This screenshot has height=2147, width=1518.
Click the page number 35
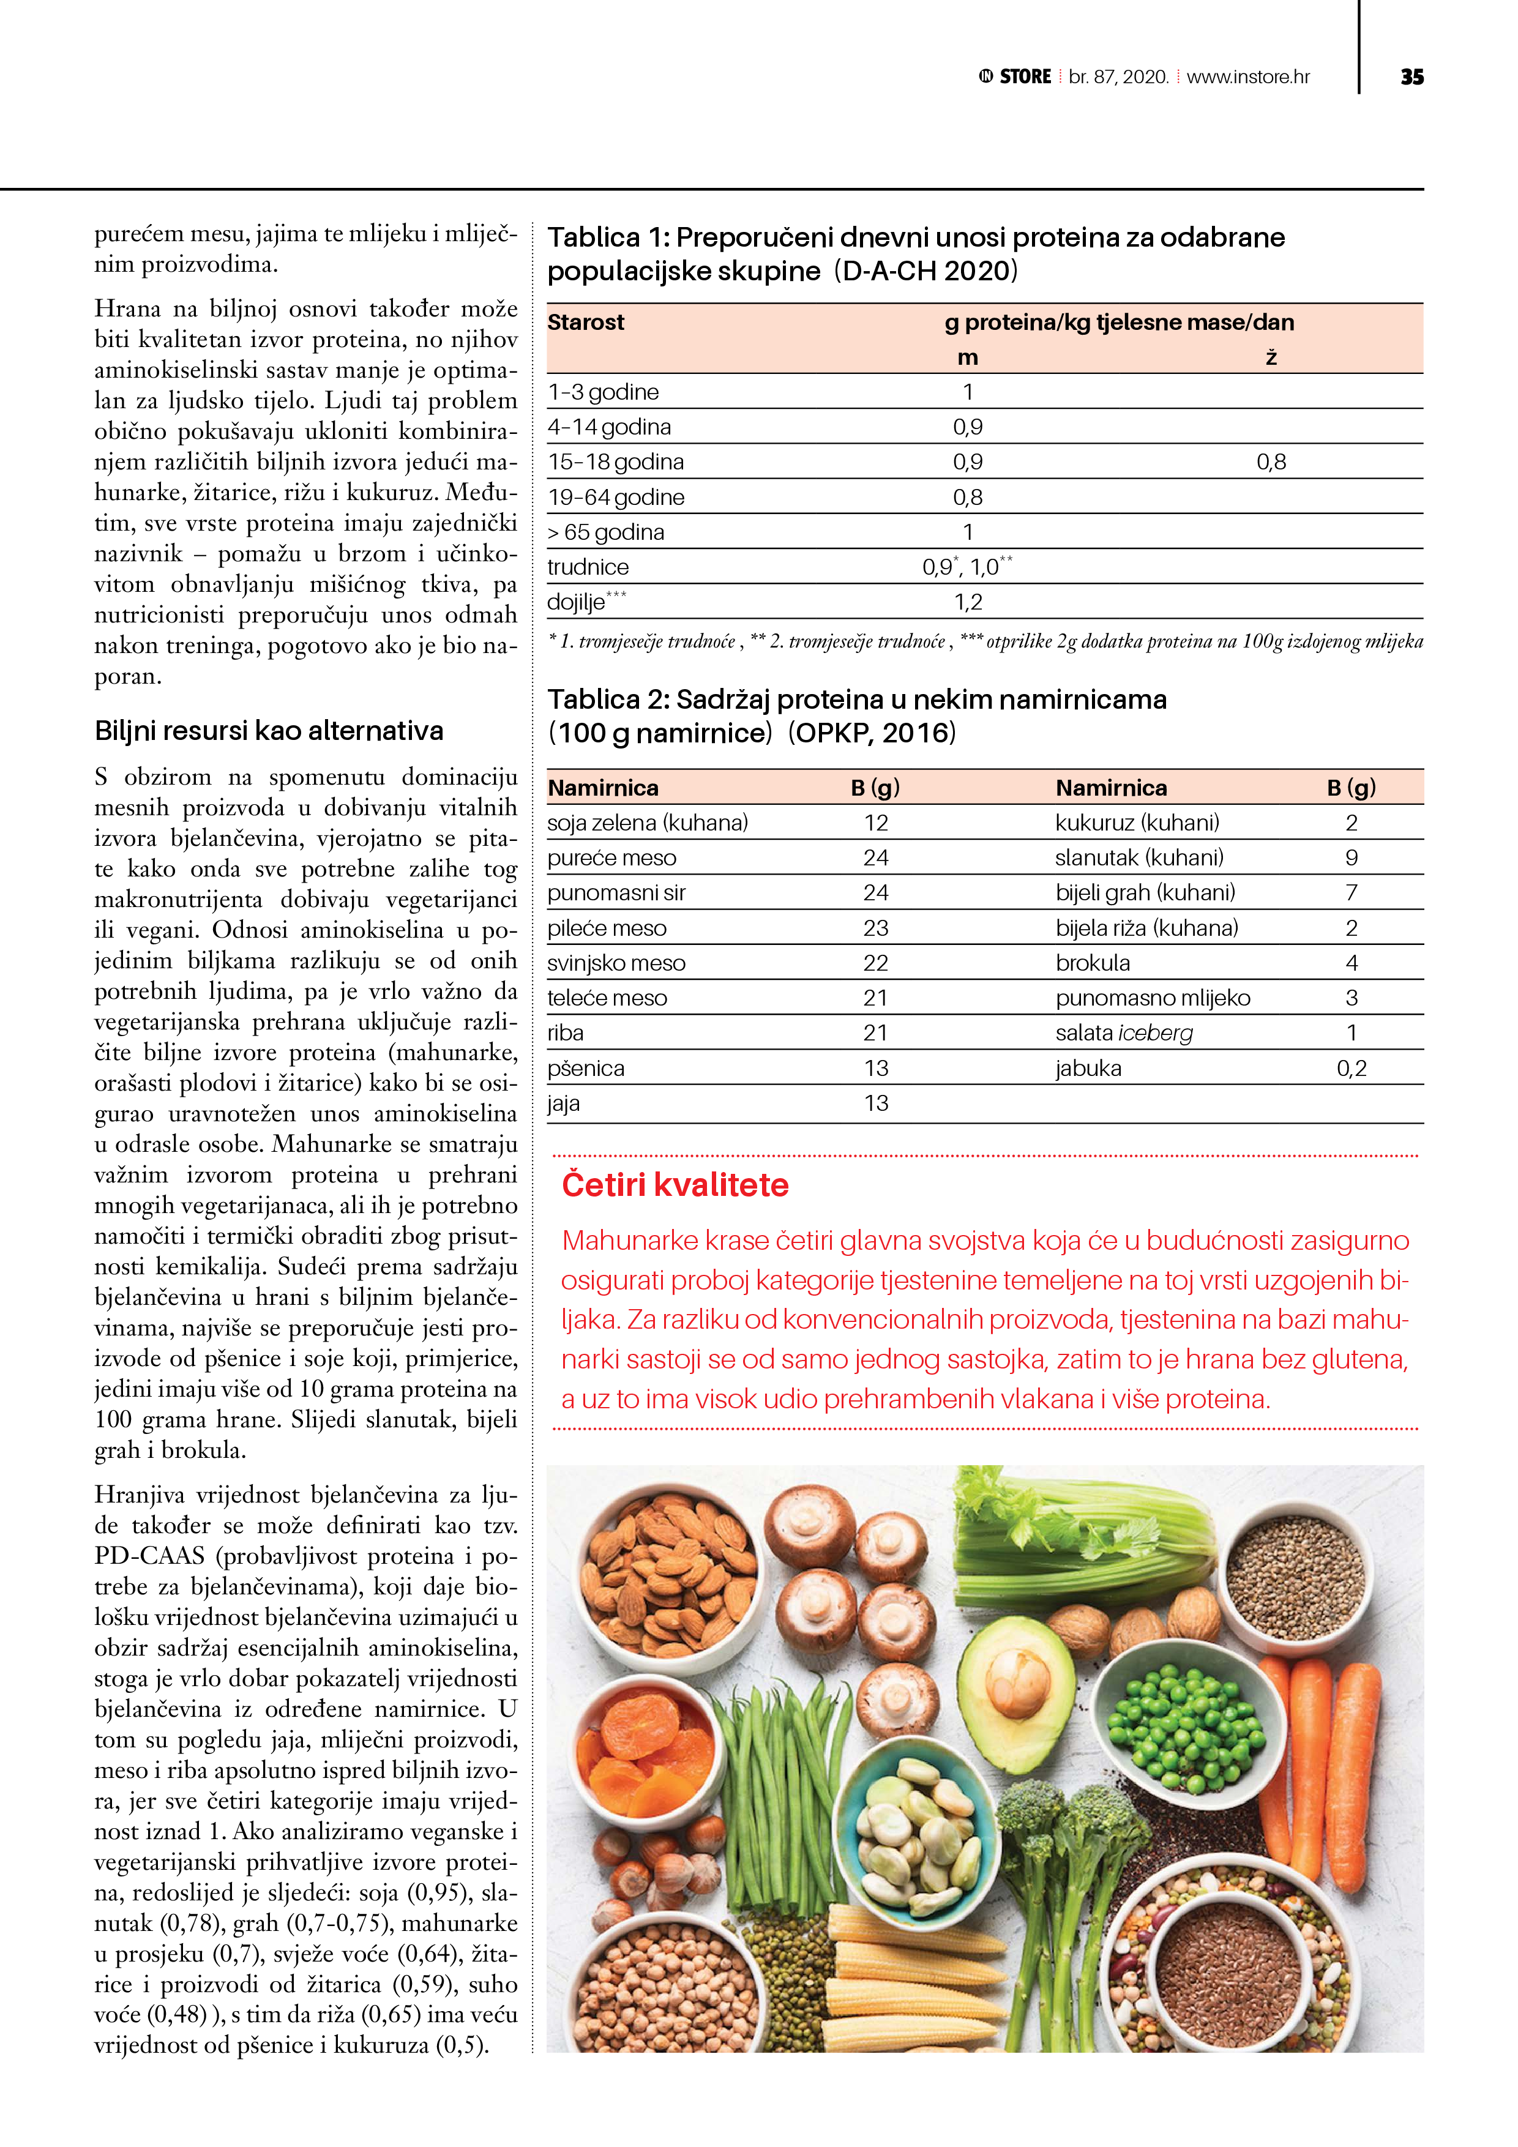tap(1411, 77)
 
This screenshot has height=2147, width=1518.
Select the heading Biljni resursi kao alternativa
tap(269, 730)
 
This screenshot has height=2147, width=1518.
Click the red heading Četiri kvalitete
tap(675, 1185)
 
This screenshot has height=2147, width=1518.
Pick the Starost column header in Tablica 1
tap(586, 323)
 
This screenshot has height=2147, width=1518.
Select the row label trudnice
tap(588, 567)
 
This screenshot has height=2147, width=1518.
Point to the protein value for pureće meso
tap(875, 857)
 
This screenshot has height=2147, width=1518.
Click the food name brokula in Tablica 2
tap(1093, 963)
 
